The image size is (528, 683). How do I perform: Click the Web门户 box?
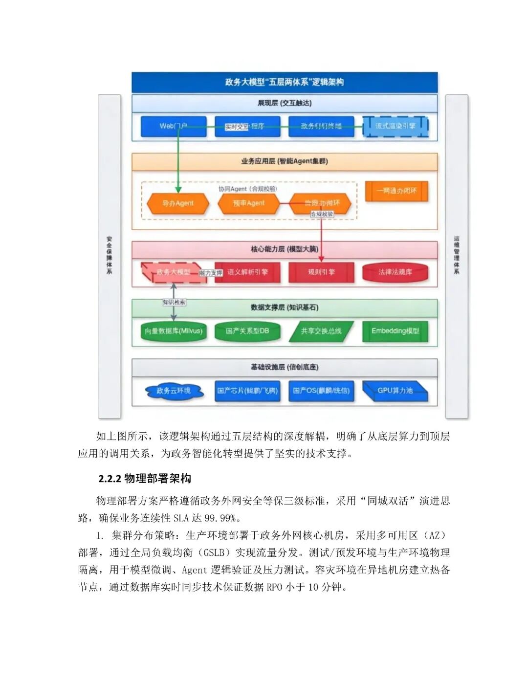coord(174,126)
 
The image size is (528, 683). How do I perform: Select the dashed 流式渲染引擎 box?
coord(395,126)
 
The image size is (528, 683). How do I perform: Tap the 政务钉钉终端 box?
coord(321,126)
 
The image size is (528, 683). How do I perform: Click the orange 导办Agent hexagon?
coord(178,203)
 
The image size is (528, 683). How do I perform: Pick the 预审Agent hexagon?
coord(248,203)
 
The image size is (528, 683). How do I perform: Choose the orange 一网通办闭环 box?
coord(396,191)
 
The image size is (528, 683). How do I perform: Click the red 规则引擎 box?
coord(321,272)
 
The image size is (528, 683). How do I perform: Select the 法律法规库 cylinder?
coord(395,272)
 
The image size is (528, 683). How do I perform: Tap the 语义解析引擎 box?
coord(247,272)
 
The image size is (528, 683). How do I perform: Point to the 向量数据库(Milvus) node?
coord(174,331)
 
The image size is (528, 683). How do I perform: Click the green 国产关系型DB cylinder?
coord(247,331)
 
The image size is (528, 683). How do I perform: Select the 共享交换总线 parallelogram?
coord(321,331)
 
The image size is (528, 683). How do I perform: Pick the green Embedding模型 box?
coord(395,331)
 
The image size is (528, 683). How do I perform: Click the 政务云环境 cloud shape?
coord(174,391)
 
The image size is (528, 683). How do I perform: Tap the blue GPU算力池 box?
coord(395,391)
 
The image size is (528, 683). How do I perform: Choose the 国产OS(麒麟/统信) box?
coord(321,391)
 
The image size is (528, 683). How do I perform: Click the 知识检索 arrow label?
coord(174,302)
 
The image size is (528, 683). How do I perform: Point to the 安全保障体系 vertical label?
coord(110,256)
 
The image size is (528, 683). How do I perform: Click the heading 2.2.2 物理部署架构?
coord(145,479)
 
